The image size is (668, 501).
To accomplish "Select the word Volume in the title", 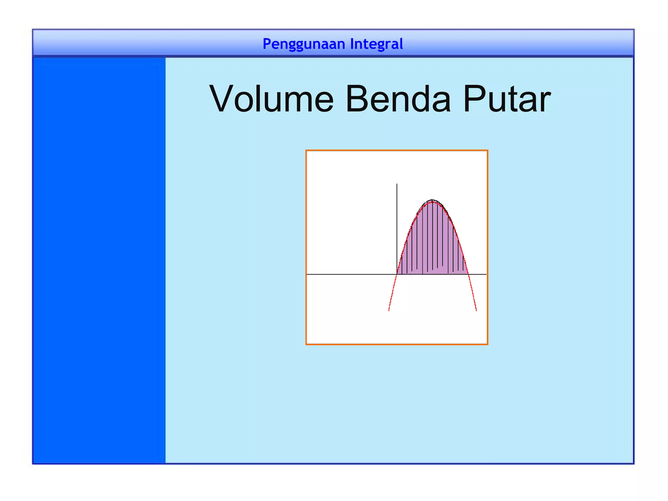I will tap(271, 99).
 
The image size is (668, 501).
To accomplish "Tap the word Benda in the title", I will tap(398, 99).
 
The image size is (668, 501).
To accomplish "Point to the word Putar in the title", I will tap(507, 99).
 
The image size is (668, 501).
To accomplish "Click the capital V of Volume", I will tap(223, 99).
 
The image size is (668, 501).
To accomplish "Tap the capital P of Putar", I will tap(474, 99).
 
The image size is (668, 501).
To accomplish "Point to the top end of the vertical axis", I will tap(397, 184).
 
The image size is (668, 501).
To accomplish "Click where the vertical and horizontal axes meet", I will tap(397, 274).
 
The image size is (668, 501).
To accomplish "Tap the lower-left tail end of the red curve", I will tap(389, 310).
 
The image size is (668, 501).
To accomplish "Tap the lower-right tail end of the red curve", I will tap(476, 310).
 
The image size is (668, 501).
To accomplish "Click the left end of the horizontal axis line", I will tap(308, 274).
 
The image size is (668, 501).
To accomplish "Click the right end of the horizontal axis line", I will tap(486, 274).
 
